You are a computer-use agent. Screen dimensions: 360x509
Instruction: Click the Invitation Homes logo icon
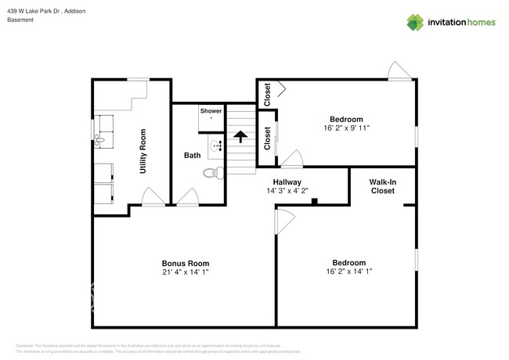[416, 22]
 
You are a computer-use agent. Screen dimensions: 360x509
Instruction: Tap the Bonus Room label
[186, 263]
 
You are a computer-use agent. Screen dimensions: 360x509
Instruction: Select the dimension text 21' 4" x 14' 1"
[186, 272]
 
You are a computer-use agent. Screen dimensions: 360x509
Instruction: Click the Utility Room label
[143, 151]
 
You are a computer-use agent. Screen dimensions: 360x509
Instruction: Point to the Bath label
[193, 156]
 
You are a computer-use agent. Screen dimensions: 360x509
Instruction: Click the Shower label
[211, 111]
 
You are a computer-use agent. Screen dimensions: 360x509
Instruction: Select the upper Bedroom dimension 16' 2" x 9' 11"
[346, 128]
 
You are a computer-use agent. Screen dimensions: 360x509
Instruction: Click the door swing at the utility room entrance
[153, 198]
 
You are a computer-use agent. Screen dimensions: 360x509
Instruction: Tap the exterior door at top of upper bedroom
[399, 73]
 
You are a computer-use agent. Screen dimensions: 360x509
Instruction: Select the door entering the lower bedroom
[283, 221]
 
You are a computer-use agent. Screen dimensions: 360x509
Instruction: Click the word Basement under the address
[21, 20]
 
